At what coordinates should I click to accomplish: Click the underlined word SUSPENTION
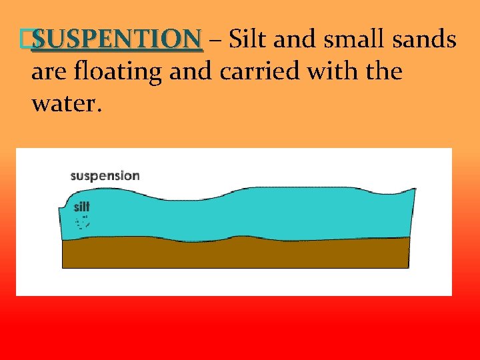point(116,40)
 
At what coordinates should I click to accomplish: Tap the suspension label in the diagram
point(105,176)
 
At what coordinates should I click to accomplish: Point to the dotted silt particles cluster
point(83,222)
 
